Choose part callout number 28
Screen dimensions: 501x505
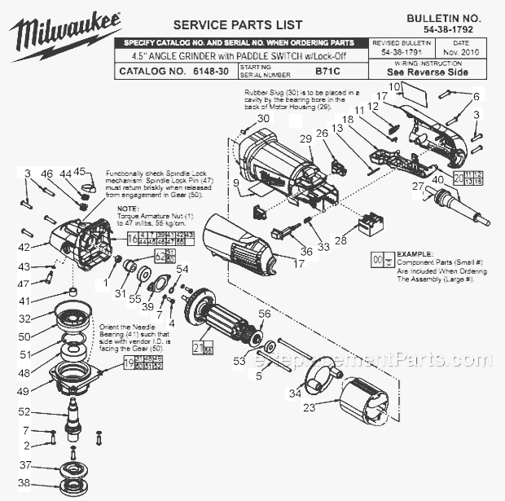point(340,241)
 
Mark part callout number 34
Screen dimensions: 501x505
point(296,393)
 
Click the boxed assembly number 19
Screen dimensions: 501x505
point(130,363)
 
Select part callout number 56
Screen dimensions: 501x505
point(263,313)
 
